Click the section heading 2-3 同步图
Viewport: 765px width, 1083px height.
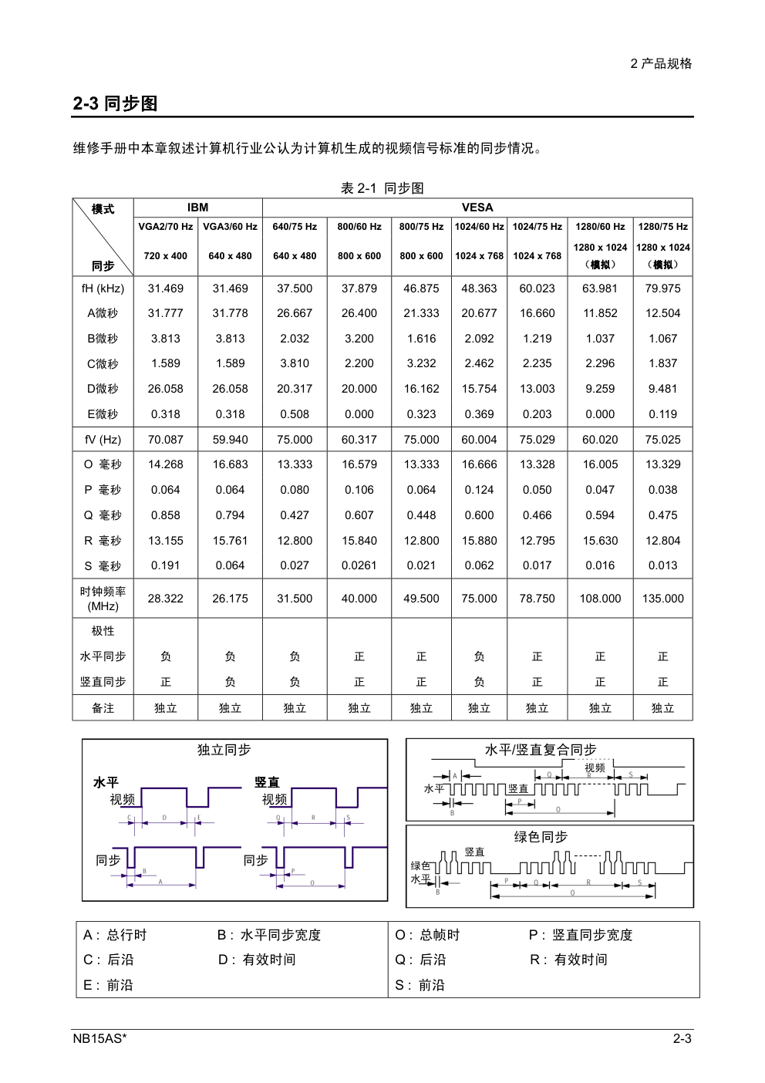click(x=116, y=103)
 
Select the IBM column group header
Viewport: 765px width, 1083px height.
click(x=197, y=207)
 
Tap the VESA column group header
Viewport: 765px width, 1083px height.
click(x=477, y=207)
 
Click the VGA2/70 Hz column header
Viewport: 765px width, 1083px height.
click(x=166, y=227)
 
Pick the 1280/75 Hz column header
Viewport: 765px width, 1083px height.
click(x=662, y=227)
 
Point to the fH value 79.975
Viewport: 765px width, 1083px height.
click(x=662, y=288)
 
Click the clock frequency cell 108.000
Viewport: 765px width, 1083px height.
click(x=600, y=599)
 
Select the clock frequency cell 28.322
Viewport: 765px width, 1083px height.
click(x=166, y=599)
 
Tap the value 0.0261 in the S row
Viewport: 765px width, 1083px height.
click(x=359, y=565)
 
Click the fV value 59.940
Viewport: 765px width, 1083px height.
click(x=230, y=440)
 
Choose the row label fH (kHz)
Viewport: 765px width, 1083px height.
click(x=103, y=288)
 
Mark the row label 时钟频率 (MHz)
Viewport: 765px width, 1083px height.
click(x=103, y=599)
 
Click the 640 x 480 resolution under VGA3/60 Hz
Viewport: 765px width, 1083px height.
click(x=230, y=256)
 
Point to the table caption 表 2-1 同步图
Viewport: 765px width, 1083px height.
click(x=382, y=188)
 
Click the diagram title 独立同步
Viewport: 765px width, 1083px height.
click(x=224, y=750)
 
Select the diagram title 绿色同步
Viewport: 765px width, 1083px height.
click(x=541, y=837)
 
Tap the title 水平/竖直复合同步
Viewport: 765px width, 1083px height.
click(x=541, y=750)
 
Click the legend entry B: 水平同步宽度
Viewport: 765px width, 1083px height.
click(x=269, y=935)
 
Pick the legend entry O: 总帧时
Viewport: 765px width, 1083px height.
click(x=427, y=935)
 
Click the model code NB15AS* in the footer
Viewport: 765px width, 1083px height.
click(x=99, y=1038)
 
